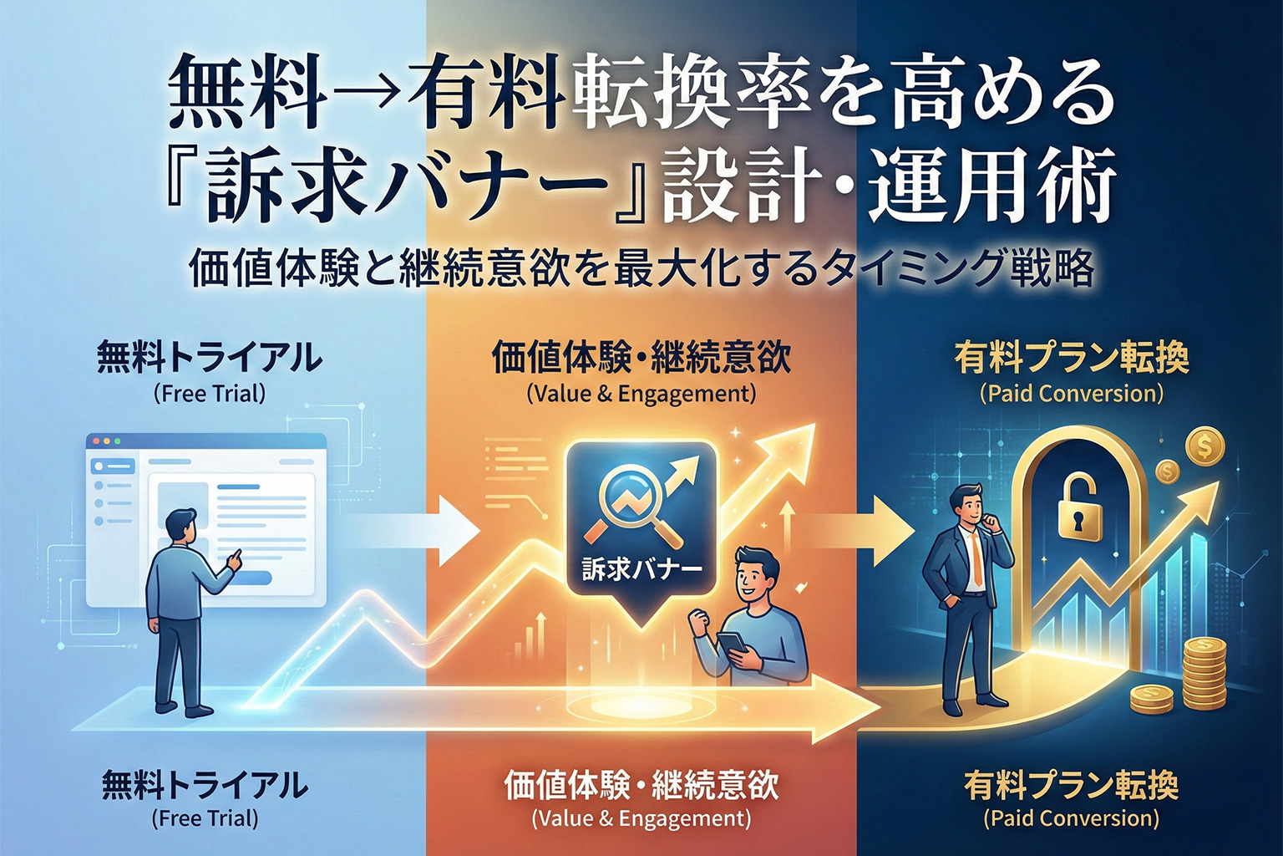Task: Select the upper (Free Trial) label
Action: (210, 394)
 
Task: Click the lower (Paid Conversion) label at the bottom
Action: (1072, 818)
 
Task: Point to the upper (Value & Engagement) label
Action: (641, 394)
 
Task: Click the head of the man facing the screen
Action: (180, 527)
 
